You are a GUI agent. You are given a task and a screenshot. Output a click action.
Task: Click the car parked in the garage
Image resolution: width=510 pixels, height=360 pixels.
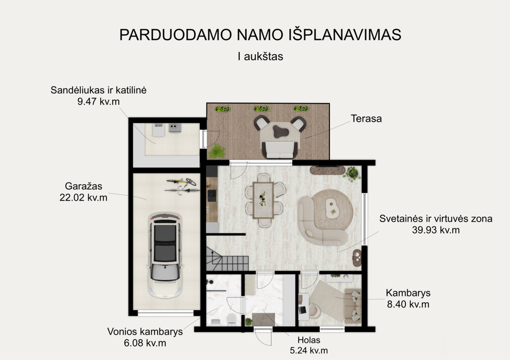(x=165, y=255)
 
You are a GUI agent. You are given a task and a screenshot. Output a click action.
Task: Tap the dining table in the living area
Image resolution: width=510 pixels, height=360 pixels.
(x=263, y=200)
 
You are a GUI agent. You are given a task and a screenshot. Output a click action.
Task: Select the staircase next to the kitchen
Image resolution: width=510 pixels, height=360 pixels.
(x=227, y=259)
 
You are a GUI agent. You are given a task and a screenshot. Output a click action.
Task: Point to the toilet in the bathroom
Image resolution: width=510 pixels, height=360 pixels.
(x=232, y=320)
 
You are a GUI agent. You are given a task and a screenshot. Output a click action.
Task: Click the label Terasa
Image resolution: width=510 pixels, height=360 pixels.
(x=366, y=119)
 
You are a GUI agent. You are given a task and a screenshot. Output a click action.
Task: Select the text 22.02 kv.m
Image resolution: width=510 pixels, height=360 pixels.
(x=83, y=197)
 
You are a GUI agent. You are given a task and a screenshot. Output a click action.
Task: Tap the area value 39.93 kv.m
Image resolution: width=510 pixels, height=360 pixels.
(x=436, y=230)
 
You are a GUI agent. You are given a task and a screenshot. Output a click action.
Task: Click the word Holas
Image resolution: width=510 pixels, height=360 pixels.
(x=309, y=340)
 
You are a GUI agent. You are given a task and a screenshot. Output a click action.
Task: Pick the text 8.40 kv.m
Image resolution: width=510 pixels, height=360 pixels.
(x=408, y=304)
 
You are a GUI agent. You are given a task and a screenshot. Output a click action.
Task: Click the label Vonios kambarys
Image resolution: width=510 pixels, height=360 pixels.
(x=145, y=332)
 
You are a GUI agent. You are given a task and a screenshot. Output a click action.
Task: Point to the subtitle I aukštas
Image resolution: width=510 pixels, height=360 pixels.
(x=260, y=57)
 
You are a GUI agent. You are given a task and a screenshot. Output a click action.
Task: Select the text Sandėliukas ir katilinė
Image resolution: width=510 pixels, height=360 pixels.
(x=99, y=90)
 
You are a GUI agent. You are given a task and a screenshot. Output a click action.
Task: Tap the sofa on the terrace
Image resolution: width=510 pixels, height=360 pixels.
(x=280, y=150)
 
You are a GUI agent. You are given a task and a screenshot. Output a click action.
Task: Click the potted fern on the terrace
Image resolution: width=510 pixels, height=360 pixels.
(x=216, y=151)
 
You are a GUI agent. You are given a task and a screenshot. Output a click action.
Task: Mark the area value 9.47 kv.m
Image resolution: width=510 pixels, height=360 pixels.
(x=99, y=102)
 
